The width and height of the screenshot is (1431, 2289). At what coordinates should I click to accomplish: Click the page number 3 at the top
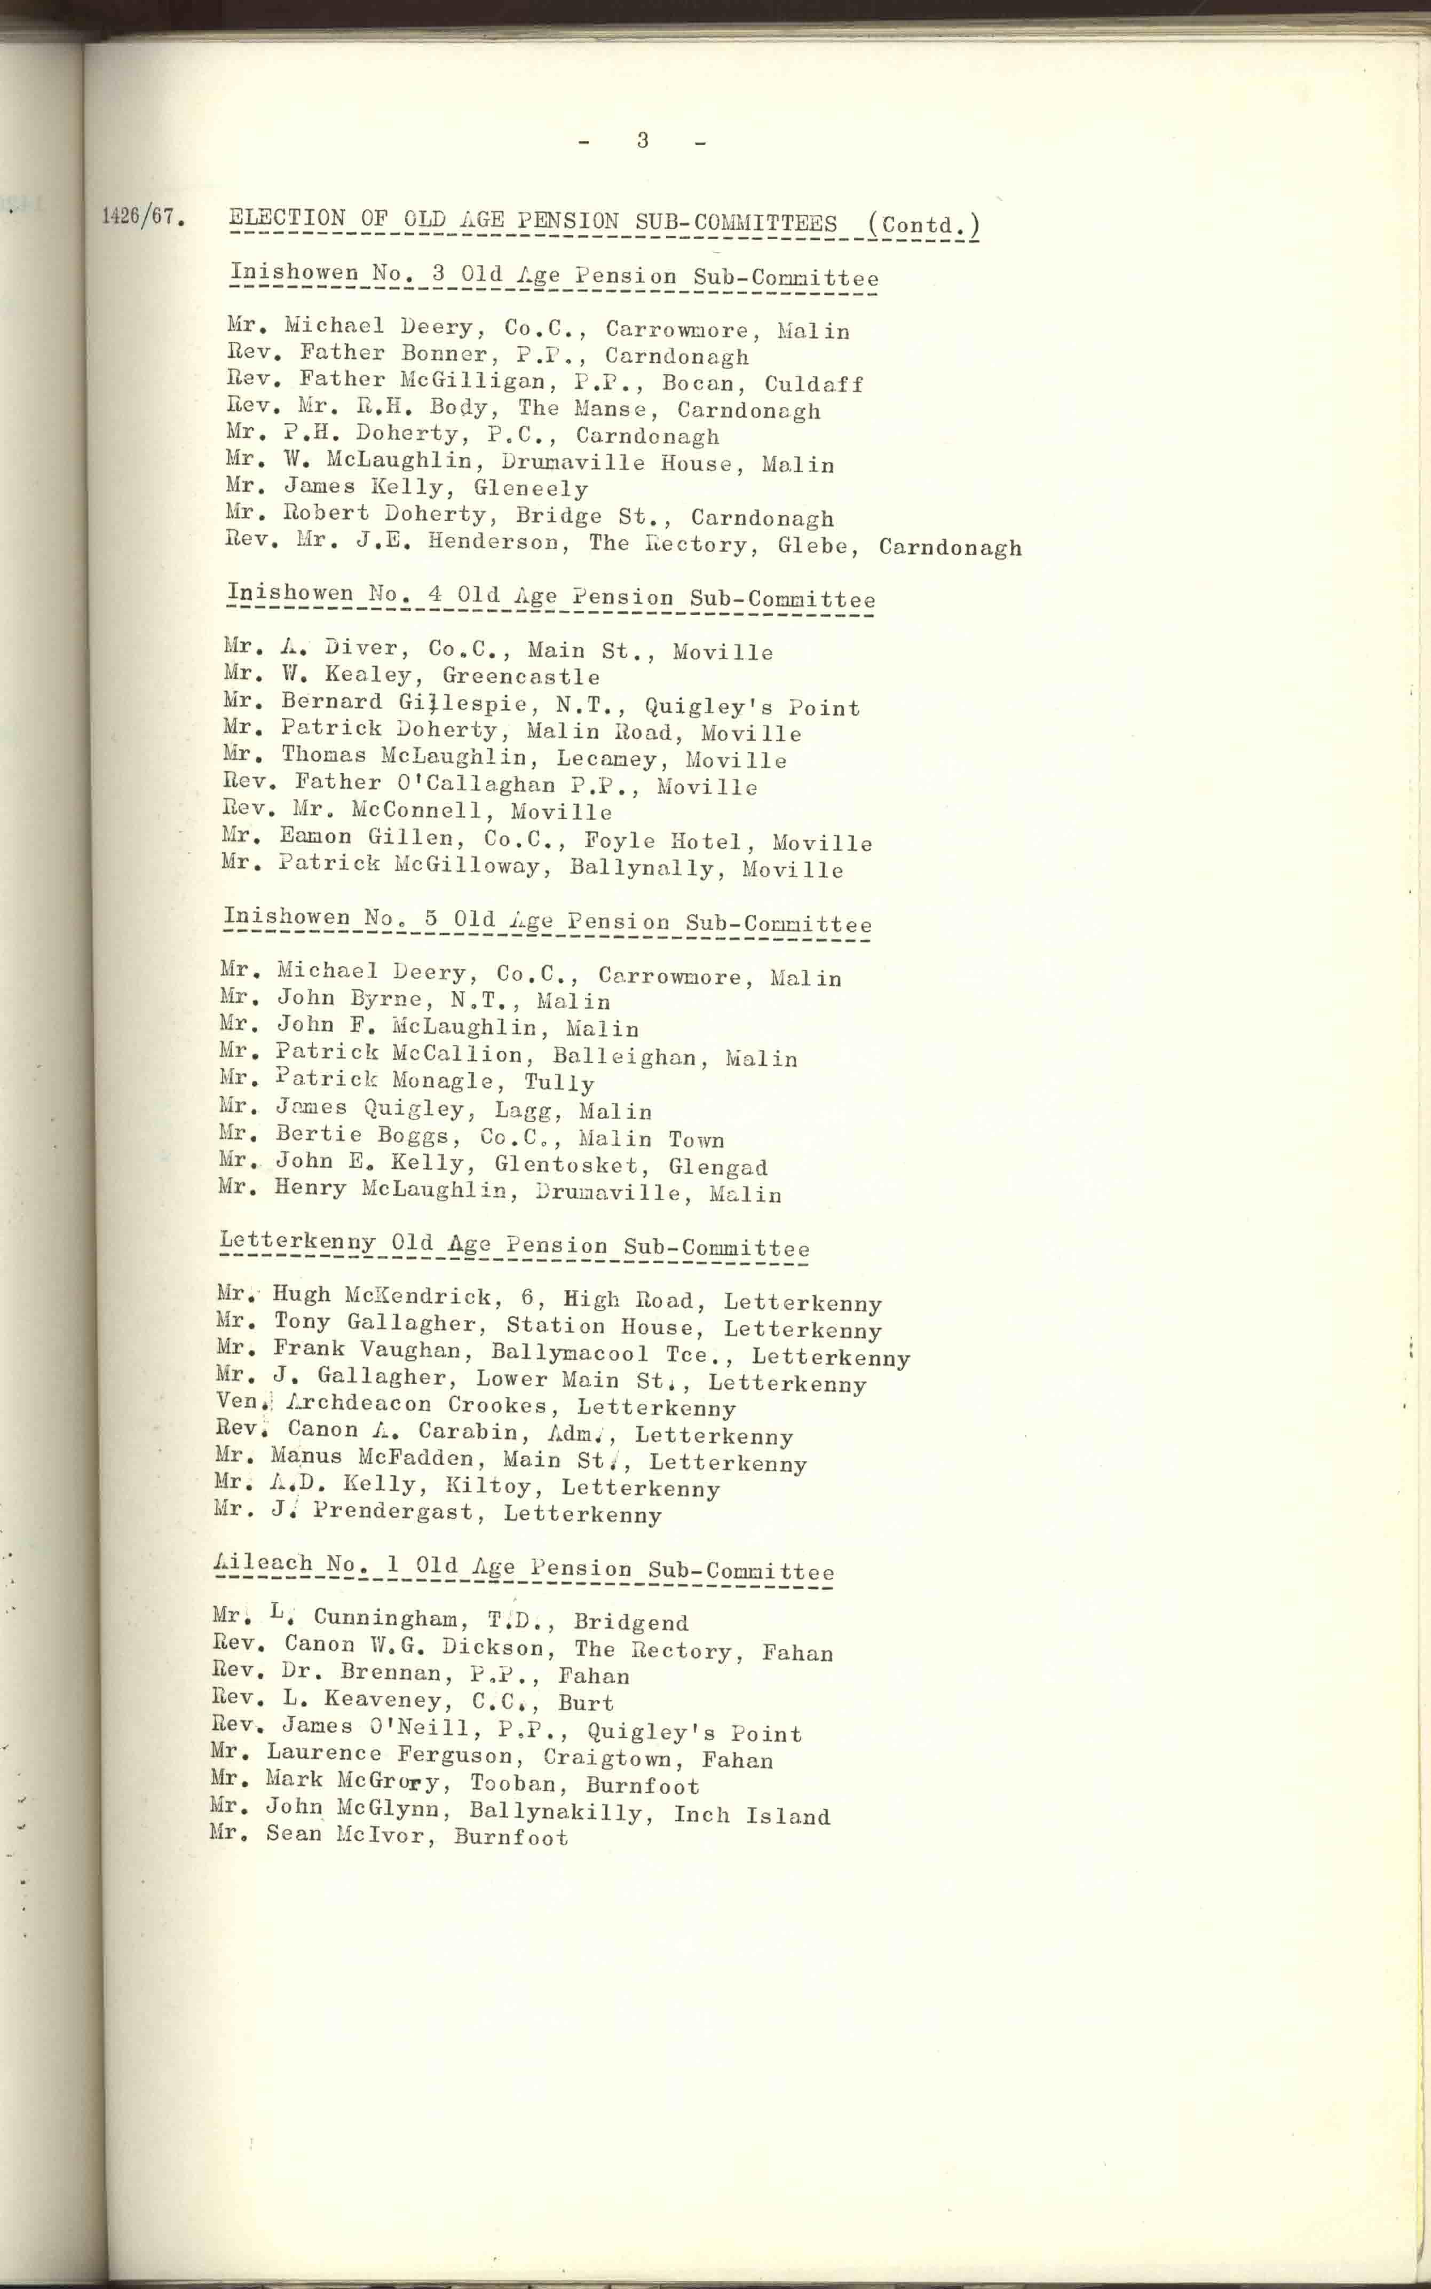[x=643, y=141]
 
